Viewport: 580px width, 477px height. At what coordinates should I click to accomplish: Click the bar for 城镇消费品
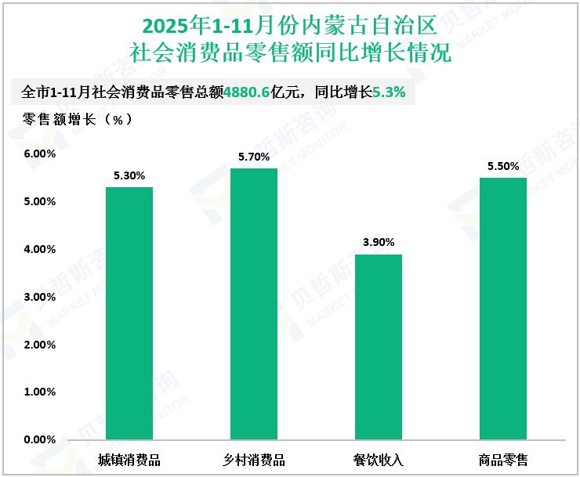(129, 313)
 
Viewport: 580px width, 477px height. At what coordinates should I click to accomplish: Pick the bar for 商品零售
(503, 309)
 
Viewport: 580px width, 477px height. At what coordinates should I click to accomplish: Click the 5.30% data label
(129, 176)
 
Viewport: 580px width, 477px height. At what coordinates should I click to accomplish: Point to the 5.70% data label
(254, 157)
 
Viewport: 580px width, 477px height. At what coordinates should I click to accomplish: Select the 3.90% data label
(379, 242)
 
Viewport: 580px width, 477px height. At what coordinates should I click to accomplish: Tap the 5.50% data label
(503, 167)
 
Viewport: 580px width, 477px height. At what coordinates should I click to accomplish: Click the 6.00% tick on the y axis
(39, 154)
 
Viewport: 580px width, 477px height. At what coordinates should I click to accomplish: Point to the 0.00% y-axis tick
(39, 439)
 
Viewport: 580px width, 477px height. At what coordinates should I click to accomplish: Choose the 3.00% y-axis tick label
(39, 297)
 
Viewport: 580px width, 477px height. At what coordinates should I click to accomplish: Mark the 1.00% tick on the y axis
(39, 392)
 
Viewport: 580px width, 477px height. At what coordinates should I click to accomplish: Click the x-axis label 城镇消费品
(129, 459)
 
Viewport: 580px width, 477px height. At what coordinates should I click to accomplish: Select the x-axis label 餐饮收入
(379, 459)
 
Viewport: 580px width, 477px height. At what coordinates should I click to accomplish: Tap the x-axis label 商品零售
(503, 459)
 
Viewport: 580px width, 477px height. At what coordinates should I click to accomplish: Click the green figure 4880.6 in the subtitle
(247, 92)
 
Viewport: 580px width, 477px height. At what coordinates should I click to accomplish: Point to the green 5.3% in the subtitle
(389, 92)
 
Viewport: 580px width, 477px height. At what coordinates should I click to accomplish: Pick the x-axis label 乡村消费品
(254, 459)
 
